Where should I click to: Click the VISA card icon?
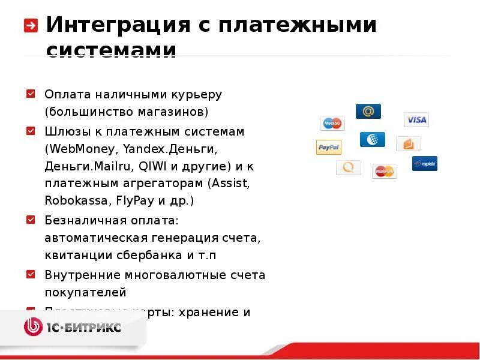[416, 119]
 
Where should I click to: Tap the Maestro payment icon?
[332, 123]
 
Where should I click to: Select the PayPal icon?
[329, 147]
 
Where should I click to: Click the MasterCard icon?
[384, 172]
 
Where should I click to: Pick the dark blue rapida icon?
[425, 163]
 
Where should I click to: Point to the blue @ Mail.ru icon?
[368, 111]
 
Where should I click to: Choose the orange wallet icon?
[409, 143]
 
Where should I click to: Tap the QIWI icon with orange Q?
[349, 167]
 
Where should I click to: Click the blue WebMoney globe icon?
[372, 139]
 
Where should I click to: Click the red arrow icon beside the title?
[31, 26]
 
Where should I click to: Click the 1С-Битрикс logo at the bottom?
[73, 327]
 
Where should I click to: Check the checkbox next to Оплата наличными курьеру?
[31, 94]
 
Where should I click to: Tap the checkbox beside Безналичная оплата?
[31, 220]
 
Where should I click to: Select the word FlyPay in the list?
[136, 200]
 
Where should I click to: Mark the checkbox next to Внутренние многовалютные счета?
[31, 274]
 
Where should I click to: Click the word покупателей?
[85, 293]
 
